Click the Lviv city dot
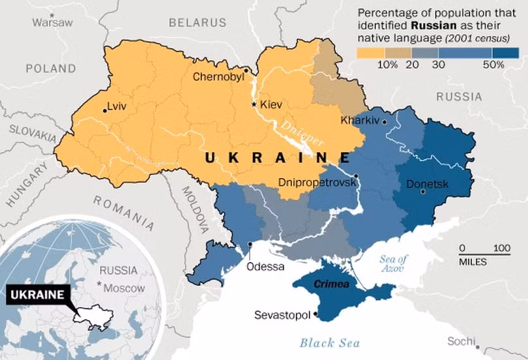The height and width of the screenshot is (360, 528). pyautogui.click(x=104, y=110)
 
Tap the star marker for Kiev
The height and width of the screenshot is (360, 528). pyautogui.click(x=254, y=104)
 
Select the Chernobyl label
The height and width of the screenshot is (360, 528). pyautogui.click(x=218, y=77)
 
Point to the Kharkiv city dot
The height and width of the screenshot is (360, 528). pyautogui.click(x=385, y=121)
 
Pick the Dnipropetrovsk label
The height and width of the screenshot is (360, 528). pyautogui.click(x=317, y=183)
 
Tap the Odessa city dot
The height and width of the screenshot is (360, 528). pyautogui.click(x=251, y=245)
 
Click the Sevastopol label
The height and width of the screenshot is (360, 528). pyautogui.click(x=282, y=316)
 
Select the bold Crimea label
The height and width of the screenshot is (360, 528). pyautogui.click(x=332, y=284)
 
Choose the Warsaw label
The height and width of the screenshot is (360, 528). pyautogui.click(x=53, y=22)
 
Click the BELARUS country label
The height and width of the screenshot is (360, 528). pyautogui.click(x=198, y=23)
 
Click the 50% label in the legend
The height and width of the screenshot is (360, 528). pyautogui.click(x=493, y=64)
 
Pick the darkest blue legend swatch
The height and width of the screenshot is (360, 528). pyautogui.click(x=506, y=52)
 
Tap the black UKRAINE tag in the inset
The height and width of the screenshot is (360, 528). pyautogui.click(x=38, y=294)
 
